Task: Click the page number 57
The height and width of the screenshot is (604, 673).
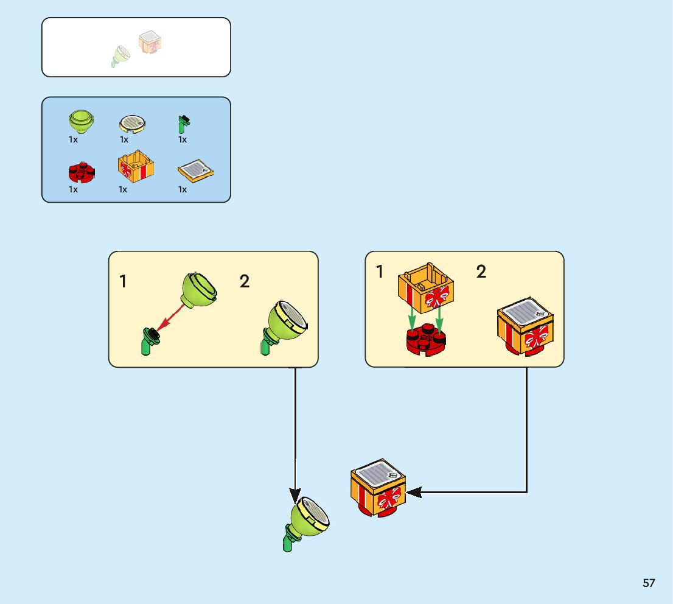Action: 649,583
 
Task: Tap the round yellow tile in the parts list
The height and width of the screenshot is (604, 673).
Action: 132,124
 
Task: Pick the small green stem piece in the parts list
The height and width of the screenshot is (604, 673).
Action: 183,124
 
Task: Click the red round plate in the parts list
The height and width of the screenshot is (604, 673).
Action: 80,173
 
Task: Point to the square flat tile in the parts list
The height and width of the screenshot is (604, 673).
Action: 195,172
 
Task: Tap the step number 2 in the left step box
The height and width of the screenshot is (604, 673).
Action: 245,281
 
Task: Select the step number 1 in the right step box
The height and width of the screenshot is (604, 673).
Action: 380,272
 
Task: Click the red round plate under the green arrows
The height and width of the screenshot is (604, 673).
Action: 427,340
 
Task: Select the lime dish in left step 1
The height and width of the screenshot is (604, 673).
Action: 199,289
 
